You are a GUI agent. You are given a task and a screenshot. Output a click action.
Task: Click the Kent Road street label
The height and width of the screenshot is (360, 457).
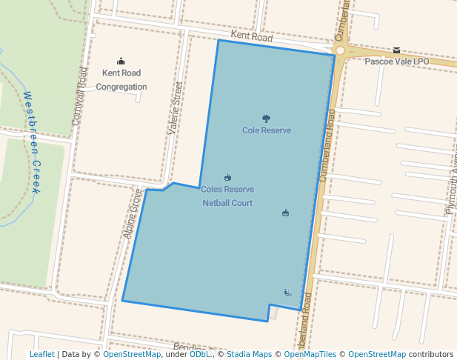pos(252,36)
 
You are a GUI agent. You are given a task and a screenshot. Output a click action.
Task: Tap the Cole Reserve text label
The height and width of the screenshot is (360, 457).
pos(267,130)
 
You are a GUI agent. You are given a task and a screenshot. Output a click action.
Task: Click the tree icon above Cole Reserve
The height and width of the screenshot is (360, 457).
pos(266,118)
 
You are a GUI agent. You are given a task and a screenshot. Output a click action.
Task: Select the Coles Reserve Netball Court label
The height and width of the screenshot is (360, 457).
pos(227,196)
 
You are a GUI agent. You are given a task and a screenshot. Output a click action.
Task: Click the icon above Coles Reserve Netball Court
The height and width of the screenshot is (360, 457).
pos(227,177)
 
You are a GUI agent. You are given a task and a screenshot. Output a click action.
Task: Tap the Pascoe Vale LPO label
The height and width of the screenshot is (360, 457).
pos(397,61)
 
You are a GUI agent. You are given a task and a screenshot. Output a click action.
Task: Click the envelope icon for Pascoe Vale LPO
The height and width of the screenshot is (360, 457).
pos(397,50)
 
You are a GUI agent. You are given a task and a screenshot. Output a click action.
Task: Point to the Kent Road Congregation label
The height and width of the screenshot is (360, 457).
pos(121,79)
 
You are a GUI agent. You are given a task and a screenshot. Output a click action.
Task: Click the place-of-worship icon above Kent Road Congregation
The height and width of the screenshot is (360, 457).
pos(121,61)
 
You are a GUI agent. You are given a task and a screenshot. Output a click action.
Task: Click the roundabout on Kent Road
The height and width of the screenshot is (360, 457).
pos(340,50)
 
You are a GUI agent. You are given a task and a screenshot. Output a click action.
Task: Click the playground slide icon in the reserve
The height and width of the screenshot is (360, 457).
pos(287,293)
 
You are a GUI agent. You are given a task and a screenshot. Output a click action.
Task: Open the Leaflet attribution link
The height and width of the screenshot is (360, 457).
pos(41,354)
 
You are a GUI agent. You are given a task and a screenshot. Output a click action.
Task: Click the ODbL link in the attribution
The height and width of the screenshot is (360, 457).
pos(200,354)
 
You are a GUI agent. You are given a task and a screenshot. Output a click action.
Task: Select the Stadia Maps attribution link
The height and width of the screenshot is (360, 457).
pos(249,354)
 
